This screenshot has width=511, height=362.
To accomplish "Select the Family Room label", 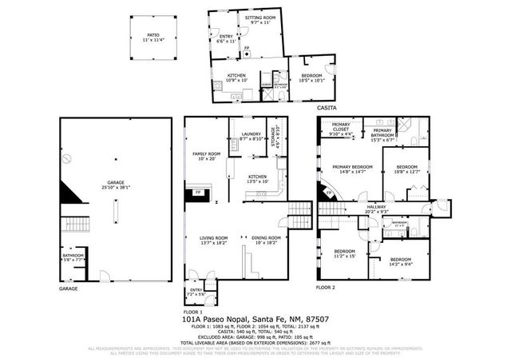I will point(205,155).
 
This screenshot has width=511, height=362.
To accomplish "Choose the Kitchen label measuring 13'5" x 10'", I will point(257,178).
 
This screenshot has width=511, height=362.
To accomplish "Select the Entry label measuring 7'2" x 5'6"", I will point(196,292).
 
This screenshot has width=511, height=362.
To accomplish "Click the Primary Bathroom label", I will point(382,133).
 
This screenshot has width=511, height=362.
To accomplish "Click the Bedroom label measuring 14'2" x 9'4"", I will point(401,261).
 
